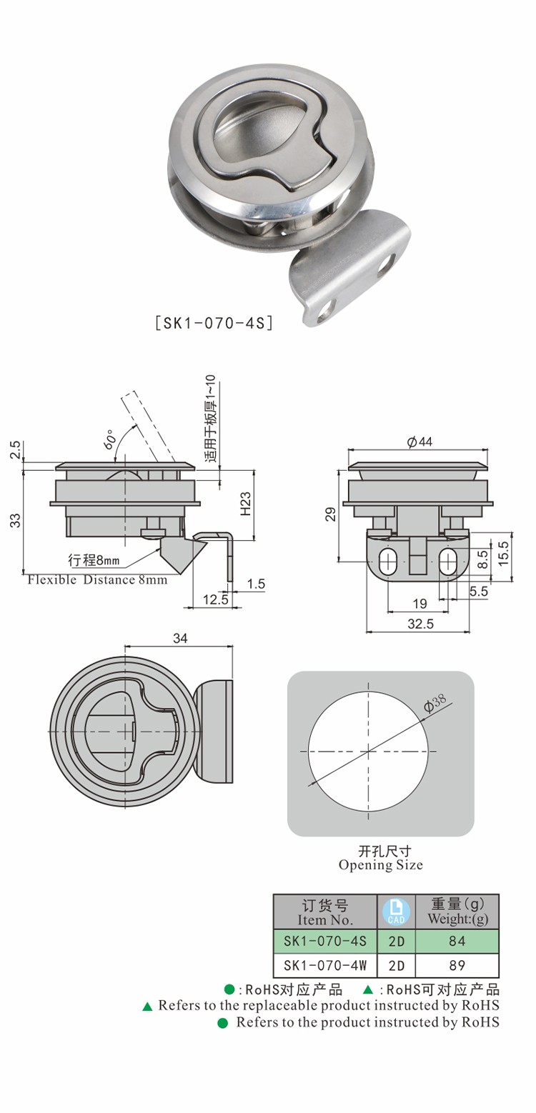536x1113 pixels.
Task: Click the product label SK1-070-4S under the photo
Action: pos(214,324)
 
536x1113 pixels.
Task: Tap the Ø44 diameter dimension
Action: pos(420,441)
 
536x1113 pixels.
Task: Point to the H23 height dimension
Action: pos(246,504)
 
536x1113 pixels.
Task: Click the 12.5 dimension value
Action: pos(215,600)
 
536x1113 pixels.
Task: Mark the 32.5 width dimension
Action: pos(421,624)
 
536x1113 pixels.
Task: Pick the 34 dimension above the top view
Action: pos(181,639)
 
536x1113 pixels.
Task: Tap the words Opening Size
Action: pos(381,865)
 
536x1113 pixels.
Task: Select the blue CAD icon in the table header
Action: pos(396,912)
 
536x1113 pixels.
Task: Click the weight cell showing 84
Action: pos(457,941)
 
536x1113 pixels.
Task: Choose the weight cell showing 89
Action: pos(457,965)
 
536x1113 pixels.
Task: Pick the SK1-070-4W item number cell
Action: pos(325,965)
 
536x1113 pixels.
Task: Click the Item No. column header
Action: pos(325,912)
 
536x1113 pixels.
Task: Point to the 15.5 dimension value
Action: pos(504,554)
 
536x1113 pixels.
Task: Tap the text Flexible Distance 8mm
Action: pos(97,580)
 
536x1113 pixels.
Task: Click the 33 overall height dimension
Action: pos(16,520)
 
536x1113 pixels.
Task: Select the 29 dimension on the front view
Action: pos(331,514)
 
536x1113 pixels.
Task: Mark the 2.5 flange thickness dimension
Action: pos(16,449)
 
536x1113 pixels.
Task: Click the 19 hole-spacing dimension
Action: pos(420,604)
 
